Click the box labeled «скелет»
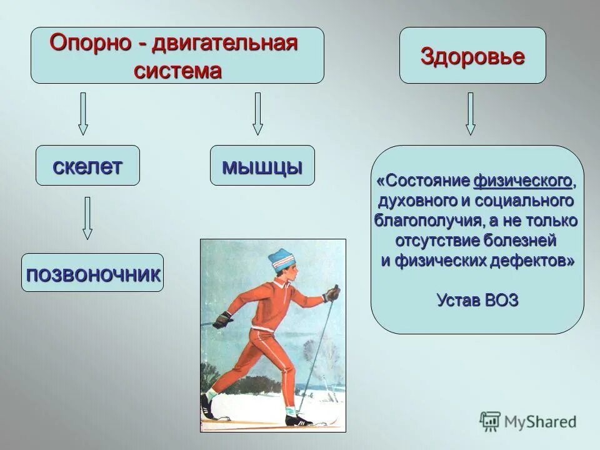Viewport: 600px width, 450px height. tap(87, 166)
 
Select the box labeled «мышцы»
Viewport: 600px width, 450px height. tap(262, 166)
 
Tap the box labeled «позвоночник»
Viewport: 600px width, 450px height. tap(92, 273)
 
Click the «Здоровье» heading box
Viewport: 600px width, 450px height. tap(472, 56)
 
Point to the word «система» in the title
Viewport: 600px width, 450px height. tap(177, 70)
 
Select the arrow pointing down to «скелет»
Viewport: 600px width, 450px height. tap(82, 114)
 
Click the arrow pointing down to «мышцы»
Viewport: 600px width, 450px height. tap(257, 114)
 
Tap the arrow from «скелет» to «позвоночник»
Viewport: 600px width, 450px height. tap(87, 218)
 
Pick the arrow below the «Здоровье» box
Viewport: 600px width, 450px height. tap(471, 114)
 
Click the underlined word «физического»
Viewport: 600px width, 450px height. tap(522, 181)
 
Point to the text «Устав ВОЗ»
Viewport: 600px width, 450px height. tap(477, 300)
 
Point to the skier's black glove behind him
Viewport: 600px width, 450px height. tap(222, 321)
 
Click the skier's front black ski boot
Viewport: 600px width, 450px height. tap(297, 418)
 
